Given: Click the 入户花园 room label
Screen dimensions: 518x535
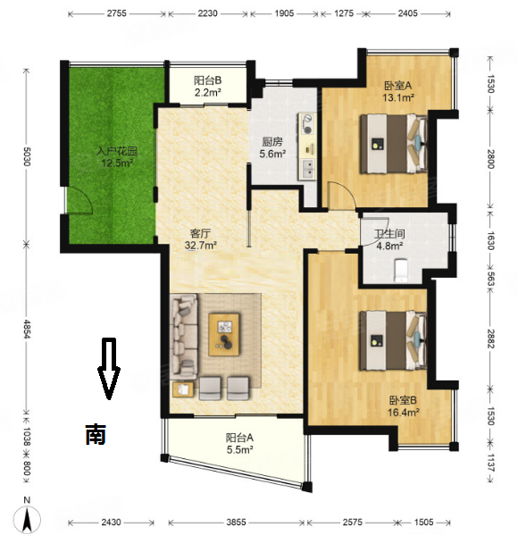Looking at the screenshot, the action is click(x=117, y=151).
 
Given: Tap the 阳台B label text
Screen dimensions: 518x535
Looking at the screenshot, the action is click(x=208, y=80).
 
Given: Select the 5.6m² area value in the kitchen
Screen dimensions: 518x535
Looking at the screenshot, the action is click(x=272, y=154).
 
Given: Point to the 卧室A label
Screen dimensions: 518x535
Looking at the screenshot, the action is click(x=398, y=86).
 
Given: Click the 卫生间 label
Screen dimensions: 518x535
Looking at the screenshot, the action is click(x=389, y=234).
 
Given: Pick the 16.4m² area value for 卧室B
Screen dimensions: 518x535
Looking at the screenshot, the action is click(x=403, y=413).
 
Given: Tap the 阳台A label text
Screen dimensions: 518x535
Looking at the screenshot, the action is click(x=239, y=438).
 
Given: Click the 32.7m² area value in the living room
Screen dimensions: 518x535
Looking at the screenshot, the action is click(x=201, y=246).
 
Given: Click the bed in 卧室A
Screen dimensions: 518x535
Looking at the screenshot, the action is click(x=394, y=144).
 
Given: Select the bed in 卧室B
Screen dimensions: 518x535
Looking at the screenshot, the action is click(x=394, y=340).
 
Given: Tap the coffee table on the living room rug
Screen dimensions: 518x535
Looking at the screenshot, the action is click(x=224, y=335).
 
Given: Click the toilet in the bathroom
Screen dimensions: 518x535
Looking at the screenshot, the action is click(x=401, y=271).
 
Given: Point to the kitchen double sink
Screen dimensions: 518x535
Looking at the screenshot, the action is click(x=307, y=170).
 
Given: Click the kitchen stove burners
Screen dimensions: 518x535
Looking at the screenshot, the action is click(x=308, y=124).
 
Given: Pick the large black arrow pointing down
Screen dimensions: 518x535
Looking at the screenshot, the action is click(x=109, y=369).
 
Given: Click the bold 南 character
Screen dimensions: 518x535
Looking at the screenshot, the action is click(x=96, y=434).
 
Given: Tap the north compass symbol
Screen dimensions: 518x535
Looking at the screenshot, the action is click(x=28, y=517).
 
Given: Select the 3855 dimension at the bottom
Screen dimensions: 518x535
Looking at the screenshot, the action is click(x=236, y=522).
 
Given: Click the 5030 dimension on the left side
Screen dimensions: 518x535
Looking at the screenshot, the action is click(x=26, y=157).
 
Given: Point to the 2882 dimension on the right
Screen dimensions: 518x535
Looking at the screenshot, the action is click(x=490, y=339).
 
